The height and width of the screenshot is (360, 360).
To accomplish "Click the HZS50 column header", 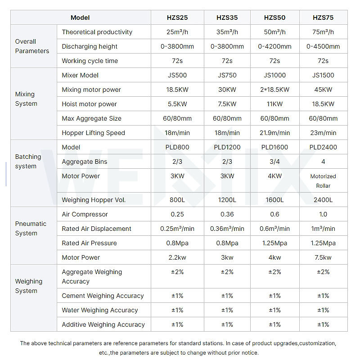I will click(274, 18).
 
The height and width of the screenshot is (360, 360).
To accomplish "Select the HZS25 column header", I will click(177, 18).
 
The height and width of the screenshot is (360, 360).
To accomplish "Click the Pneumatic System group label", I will click(31, 229).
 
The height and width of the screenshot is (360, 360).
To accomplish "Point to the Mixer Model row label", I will click(80, 75).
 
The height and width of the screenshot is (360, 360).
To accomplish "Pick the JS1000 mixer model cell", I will click(274, 75).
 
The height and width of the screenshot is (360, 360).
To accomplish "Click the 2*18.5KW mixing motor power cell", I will click(274, 90).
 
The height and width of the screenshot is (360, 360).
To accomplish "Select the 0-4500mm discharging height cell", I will click(323, 46).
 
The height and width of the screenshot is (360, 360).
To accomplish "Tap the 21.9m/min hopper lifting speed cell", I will click(274, 133).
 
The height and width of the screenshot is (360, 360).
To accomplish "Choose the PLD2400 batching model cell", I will click(323, 147).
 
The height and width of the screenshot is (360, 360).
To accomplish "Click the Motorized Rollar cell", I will click(323, 181).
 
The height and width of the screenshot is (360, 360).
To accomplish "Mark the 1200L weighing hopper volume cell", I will click(227, 200).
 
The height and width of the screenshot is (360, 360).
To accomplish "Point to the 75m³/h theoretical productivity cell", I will click(323, 32).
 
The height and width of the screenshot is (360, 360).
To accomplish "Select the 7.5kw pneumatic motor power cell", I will click(323, 257).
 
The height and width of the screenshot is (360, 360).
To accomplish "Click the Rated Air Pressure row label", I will click(89, 243).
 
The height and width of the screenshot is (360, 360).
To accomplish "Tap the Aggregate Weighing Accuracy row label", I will click(92, 276).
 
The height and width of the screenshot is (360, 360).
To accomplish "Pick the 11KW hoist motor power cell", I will click(274, 104).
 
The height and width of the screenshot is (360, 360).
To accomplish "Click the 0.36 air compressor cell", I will click(227, 214).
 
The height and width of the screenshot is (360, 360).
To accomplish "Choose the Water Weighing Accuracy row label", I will click(99, 310).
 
